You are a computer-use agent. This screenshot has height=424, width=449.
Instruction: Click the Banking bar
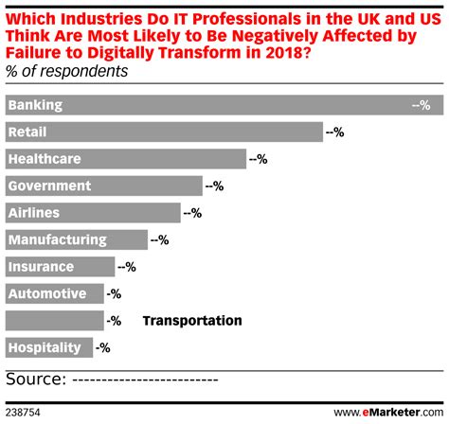coord(224,106)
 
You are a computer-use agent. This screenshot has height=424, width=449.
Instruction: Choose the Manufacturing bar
coord(77,240)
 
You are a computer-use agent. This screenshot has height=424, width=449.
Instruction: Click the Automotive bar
coord(54,294)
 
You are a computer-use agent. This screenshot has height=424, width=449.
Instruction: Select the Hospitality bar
coord(49,347)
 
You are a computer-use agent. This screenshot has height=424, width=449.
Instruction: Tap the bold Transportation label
coord(191,321)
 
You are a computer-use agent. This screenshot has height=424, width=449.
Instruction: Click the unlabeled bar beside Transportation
coord(54,321)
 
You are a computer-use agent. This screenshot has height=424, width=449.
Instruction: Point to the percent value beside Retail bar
coord(335,133)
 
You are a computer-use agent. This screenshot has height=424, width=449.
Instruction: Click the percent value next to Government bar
coord(214,186)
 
